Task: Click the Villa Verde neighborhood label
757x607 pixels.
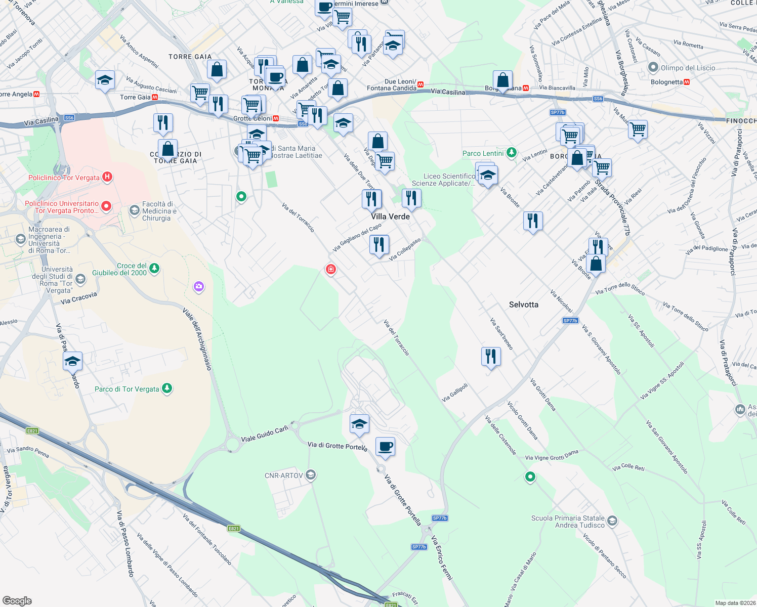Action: (390, 216)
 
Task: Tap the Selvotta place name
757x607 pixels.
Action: (523, 305)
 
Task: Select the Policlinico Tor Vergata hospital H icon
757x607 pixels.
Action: (107, 177)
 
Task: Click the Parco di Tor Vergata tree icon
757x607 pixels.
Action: (167, 388)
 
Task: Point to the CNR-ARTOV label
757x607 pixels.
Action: (283, 475)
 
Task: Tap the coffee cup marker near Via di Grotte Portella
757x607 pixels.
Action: (385, 447)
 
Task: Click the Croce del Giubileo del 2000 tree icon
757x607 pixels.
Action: (154, 268)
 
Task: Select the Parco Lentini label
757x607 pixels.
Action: (483, 153)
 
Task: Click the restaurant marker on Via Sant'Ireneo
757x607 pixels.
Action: (490, 357)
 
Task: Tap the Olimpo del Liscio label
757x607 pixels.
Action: (688, 68)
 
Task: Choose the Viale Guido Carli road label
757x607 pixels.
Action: (265, 434)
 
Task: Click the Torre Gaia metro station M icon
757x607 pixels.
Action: (155, 97)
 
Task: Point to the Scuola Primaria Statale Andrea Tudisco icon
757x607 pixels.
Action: (612, 521)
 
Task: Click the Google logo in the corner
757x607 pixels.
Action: (17, 601)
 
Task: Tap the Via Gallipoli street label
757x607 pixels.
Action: (454, 393)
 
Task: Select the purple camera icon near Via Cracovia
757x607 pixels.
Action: (199, 287)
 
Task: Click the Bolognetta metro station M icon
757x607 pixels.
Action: (687, 82)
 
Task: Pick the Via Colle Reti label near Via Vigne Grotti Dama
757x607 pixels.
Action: (628, 467)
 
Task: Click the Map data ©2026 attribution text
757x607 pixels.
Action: (734, 603)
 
